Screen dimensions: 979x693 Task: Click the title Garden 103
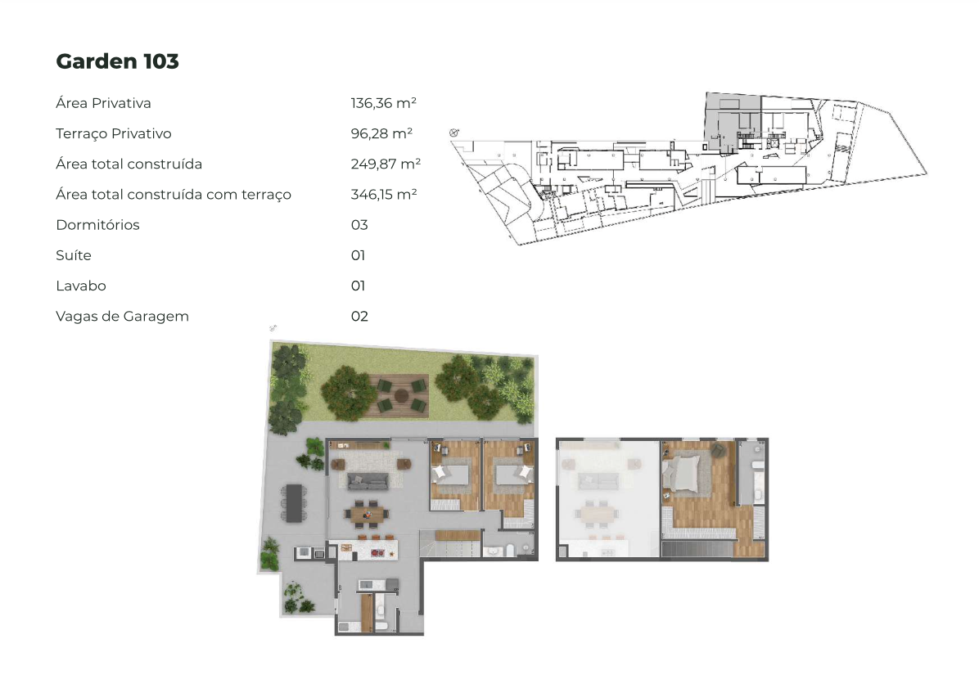[117, 61]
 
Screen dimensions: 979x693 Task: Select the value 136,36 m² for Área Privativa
[383, 103]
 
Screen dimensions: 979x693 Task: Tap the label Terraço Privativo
[114, 133]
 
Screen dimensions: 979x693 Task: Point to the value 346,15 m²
[384, 194]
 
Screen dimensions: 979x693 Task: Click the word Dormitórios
[98, 225]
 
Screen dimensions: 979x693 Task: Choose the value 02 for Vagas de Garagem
[359, 316]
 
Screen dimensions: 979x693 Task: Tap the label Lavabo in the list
[81, 286]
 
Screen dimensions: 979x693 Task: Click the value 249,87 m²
[386, 164]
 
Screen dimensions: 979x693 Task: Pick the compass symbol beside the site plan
[454, 133]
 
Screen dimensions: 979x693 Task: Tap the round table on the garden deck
[401, 395]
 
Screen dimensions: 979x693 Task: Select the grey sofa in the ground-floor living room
[368, 481]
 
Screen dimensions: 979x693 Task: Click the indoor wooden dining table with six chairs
[367, 514]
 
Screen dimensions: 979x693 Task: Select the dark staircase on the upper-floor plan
[698, 549]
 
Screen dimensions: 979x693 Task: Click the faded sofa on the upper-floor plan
[598, 480]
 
